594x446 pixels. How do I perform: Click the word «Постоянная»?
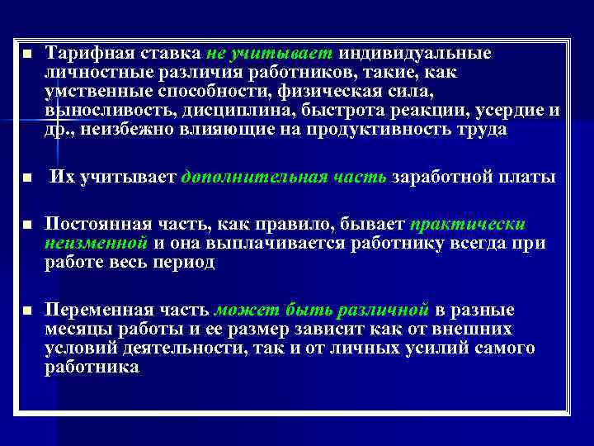point(88,225)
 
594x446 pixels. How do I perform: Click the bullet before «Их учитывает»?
point(27,178)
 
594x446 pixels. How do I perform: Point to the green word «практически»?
point(468,225)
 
